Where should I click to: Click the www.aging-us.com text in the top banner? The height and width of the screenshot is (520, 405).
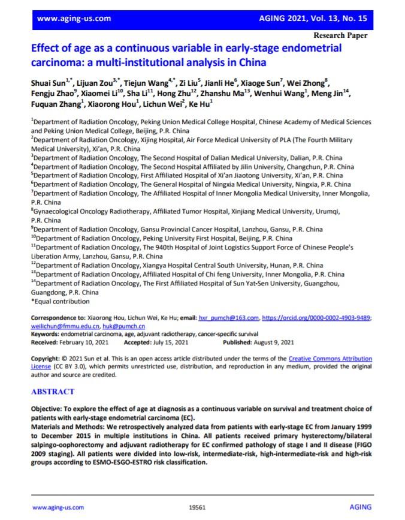point(74,18)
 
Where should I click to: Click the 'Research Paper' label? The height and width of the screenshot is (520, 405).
point(340,35)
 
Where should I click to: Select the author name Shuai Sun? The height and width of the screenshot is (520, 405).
point(46,82)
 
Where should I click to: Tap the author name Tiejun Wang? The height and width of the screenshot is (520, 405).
point(147,82)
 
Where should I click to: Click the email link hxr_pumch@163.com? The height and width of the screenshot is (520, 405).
point(228,318)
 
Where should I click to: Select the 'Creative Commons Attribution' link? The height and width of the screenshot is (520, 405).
point(330,359)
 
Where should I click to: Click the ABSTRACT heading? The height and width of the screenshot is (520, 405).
point(53,392)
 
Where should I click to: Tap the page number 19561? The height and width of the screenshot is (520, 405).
point(197,507)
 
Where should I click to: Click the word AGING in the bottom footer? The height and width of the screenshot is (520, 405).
point(361,507)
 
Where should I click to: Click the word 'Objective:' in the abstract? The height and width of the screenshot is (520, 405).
point(49,408)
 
